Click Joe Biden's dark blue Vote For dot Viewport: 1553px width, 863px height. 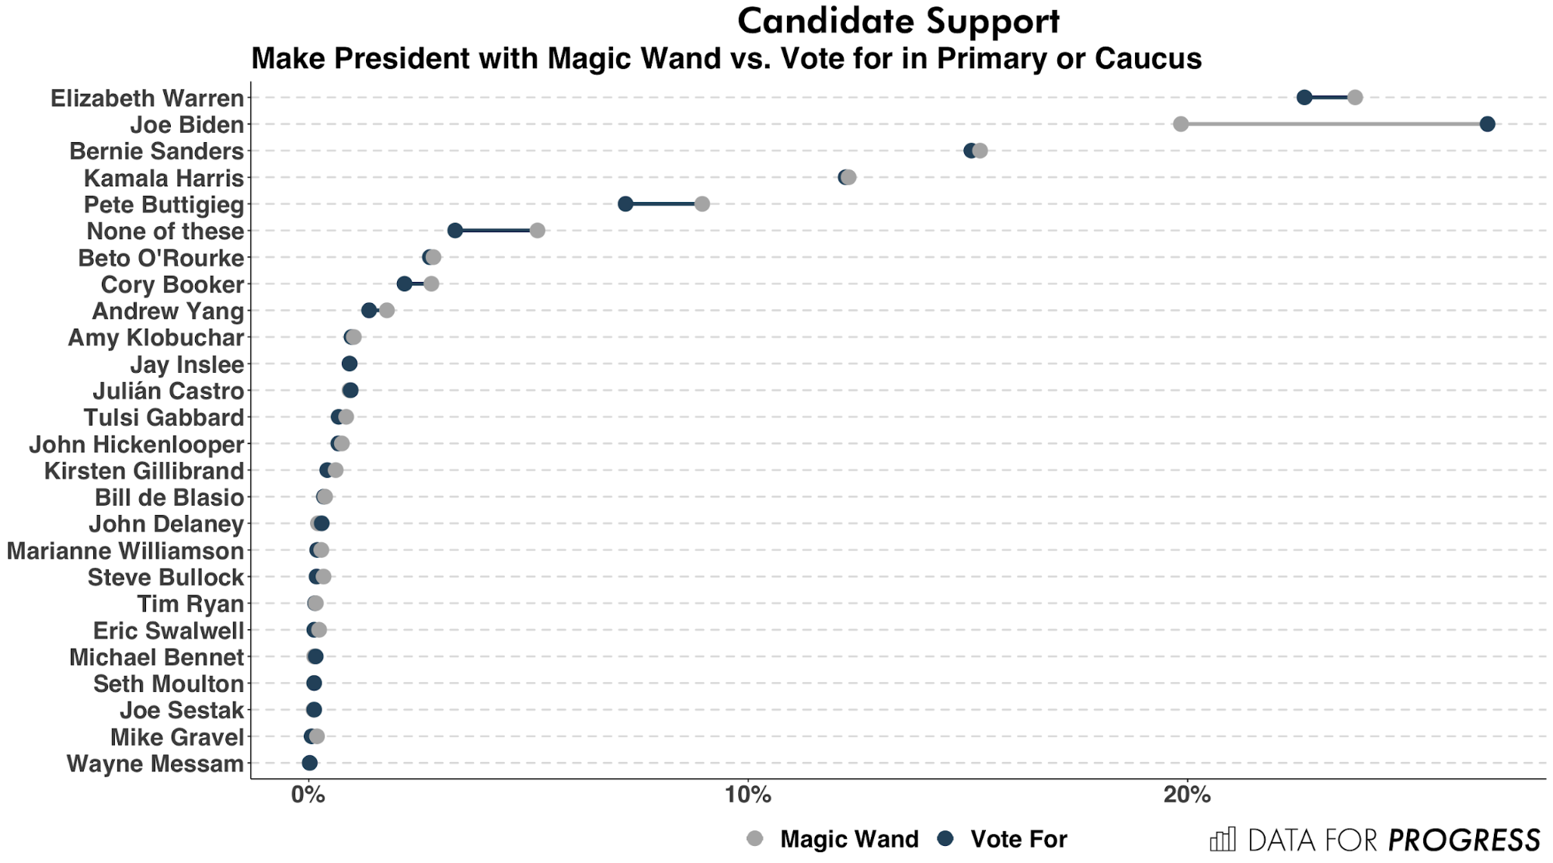(x=1487, y=124)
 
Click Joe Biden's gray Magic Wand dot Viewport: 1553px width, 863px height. (x=1181, y=124)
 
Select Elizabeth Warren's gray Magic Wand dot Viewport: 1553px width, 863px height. (x=1355, y=97)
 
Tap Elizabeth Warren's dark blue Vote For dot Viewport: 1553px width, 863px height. (x=1304, y=97)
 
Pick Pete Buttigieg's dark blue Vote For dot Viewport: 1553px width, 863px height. (x=625, y=204)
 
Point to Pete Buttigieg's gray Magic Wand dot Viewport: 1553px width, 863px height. (x=702, y=204)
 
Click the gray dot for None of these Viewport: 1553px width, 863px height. (x=538, y=231)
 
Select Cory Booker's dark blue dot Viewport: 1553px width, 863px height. (x=404, y=284)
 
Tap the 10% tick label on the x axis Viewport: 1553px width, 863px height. (x=747, y=795)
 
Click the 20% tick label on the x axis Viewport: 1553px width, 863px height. (x=1187, y=795)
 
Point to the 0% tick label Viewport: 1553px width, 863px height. (x=308, y=795)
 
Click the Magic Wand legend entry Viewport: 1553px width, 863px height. (x=848, y=839)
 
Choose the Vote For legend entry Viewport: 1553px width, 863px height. (x=1019, y=839)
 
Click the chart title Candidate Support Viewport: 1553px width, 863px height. (x=898, y=21)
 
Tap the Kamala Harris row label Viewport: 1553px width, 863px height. (x=164, y=178)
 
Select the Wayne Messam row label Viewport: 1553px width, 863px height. (x=155, y=764)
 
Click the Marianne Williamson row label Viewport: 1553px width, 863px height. (x=125, y=551)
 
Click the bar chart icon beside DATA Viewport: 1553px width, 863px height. (x=1223, y=840)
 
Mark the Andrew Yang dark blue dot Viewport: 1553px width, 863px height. (x=369, y=311)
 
